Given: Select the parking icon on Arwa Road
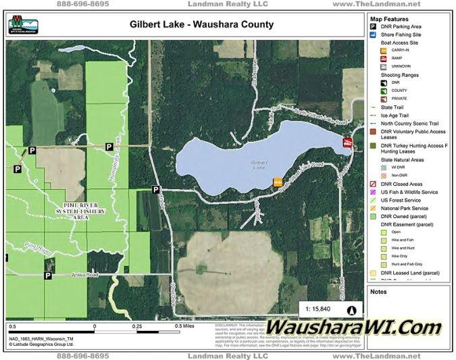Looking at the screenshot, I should [48, 276].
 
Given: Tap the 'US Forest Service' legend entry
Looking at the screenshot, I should [405, 200].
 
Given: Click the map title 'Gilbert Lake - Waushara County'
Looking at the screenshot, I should [201, 25].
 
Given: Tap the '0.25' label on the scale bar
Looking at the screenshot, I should [138, 326].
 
